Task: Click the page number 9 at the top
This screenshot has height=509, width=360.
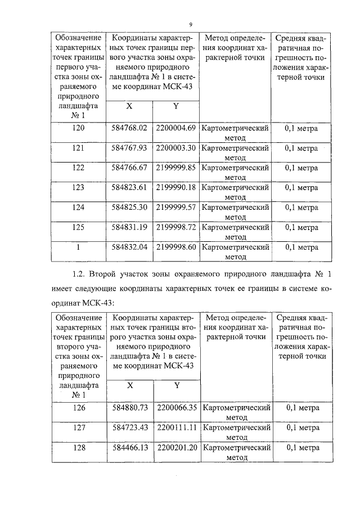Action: pos(191,24)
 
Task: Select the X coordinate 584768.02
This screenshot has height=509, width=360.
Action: pos(129,128)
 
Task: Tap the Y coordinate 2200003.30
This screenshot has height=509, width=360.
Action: pos(176,148)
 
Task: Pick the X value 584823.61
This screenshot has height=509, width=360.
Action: pos(129,187)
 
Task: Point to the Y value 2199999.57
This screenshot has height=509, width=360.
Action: pos(176,207)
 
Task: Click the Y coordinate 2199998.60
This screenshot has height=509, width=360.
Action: pos(176,246)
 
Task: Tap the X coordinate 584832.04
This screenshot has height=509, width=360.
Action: pos(129,246)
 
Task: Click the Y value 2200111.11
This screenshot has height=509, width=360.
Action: pos(176,427)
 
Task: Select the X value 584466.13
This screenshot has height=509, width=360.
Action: pos(129,448)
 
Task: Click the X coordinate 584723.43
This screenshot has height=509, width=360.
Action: pos(129,427)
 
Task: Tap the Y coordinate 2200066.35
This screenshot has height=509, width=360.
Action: pos(176,408)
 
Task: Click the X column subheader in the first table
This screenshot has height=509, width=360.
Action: pos(129,106)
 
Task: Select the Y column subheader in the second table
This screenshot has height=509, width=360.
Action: pos(176,386)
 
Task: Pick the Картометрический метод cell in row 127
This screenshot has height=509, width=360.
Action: pos(236,432)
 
